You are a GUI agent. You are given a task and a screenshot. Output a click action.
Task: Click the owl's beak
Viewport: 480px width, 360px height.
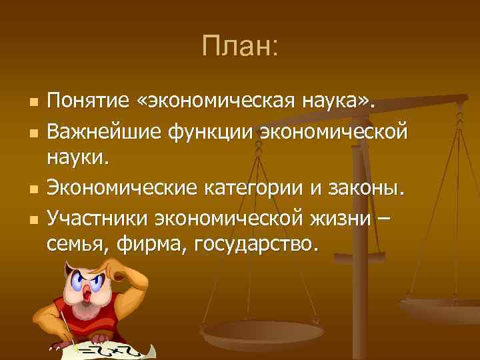coord(89,288)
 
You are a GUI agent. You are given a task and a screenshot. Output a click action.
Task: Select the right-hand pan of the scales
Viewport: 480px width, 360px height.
coord(439,309)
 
